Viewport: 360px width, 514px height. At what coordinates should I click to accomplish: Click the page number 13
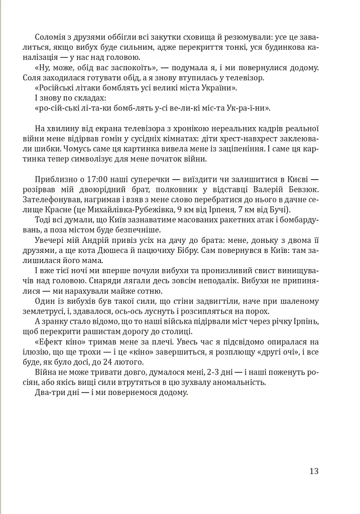pos(314,471)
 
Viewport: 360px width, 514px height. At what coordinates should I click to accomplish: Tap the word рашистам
pos(105,332)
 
